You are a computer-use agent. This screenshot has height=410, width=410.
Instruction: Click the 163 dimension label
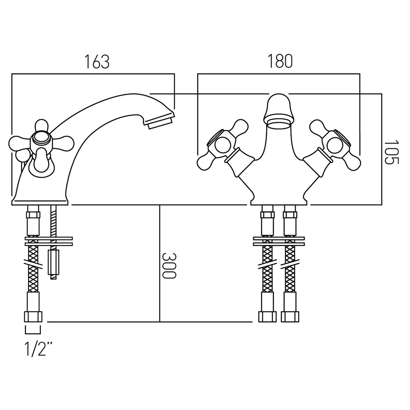point(97,61)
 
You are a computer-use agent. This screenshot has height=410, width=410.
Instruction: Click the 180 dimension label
point(280,61)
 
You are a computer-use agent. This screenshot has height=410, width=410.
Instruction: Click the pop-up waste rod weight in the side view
point(52,262)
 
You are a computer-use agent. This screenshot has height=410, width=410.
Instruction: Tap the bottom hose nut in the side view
point(34,317)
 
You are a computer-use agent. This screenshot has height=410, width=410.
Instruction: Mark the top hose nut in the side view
point(33,214)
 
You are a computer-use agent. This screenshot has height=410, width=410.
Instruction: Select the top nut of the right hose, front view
point(290,214)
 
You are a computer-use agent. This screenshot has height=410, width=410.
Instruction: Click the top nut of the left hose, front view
point(267,214)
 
